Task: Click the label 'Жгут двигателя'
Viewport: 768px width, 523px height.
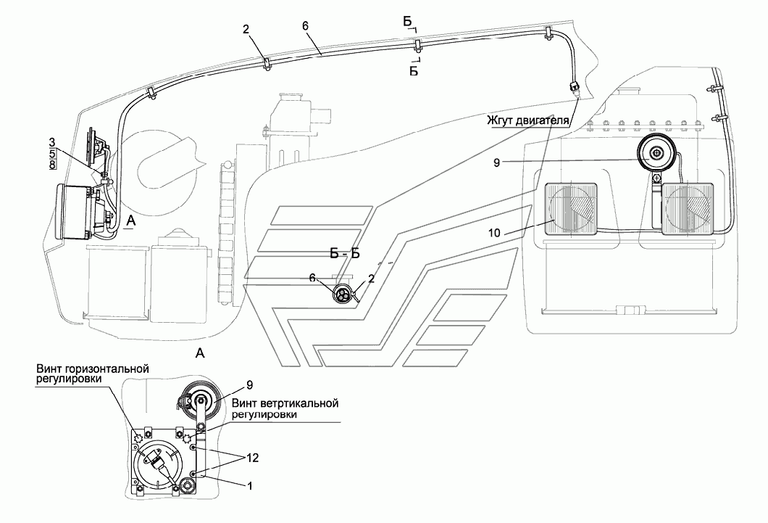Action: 527,120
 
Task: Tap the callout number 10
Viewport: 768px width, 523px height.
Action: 495,233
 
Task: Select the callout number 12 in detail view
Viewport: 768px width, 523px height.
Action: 252,458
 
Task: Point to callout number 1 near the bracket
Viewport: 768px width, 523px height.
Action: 250,486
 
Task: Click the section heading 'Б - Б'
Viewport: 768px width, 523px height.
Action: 345,253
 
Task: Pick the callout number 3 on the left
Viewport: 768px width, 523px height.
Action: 51,143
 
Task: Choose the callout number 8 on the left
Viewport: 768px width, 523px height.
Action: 51,164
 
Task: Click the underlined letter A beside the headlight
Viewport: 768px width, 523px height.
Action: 130,221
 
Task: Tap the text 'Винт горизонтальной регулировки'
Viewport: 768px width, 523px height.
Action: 91,374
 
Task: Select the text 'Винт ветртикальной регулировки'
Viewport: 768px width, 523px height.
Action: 285,409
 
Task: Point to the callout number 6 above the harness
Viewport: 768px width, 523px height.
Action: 305,26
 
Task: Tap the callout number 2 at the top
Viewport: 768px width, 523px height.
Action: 246,30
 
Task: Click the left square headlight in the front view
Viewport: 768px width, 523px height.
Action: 572,210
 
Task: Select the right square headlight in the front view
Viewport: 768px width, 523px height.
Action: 688,210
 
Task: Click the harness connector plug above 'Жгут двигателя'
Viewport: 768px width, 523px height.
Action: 575,88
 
